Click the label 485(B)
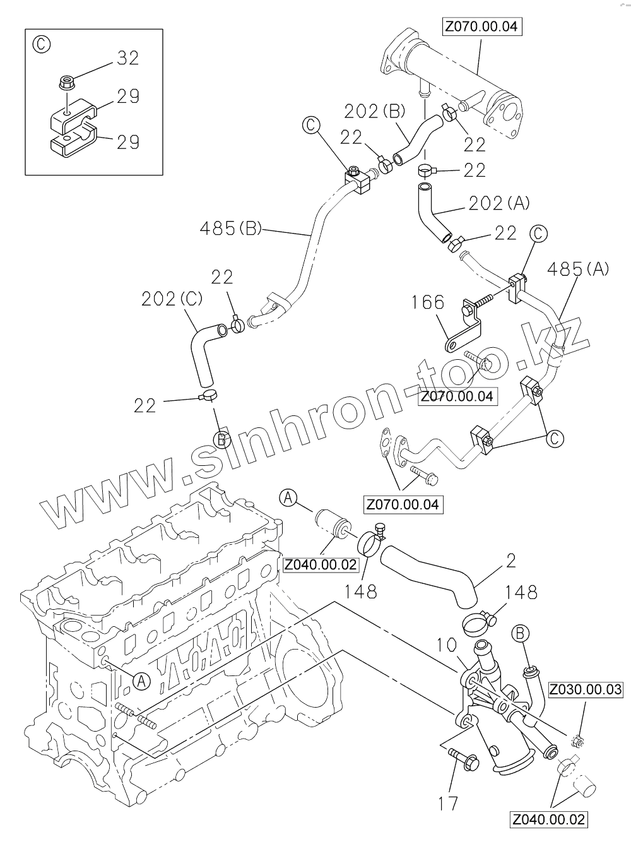coord(230,228)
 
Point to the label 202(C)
coord(172,299)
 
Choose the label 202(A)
coord(498,203)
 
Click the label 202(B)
coord(375,111)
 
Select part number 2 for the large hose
coord(510,559)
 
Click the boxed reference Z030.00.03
coord(585,689)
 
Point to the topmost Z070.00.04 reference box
coord(483,27)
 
